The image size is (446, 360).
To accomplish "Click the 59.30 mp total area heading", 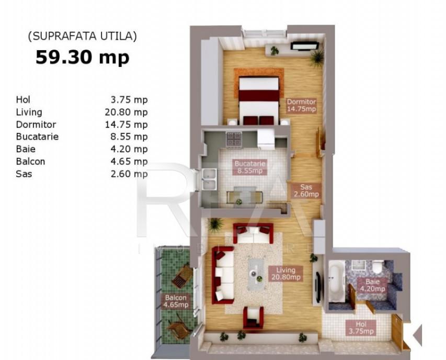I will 82,57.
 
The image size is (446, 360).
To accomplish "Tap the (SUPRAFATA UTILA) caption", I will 82,36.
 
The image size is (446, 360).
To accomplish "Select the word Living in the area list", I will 29,112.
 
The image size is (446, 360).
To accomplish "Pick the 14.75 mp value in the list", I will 126,125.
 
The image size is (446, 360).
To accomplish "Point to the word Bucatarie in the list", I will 37,137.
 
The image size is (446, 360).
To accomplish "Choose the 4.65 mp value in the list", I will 126,162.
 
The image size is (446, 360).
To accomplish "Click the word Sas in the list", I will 24,174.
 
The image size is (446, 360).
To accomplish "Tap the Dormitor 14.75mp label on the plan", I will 302,105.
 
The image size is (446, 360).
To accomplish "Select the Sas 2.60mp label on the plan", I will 306,190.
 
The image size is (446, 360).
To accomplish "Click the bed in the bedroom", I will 259,99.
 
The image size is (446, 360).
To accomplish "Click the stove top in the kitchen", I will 233,139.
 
